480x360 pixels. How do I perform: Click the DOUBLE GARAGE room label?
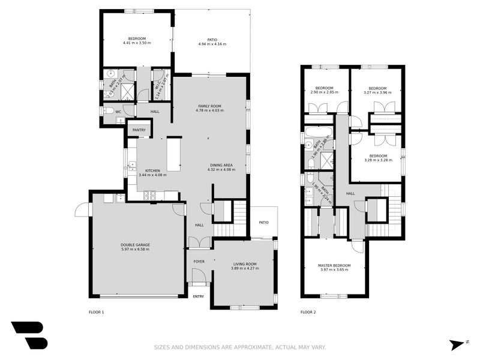pos(135,245)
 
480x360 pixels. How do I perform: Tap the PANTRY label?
pos(139,130)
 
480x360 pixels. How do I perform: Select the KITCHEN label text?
pos(152,170)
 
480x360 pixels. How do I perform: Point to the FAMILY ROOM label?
pos(209,106)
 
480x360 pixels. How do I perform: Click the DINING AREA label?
pos(221,165)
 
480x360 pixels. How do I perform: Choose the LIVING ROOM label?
pos(244,264)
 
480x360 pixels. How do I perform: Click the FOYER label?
pos(199,262)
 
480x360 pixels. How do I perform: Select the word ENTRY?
pos(198,296)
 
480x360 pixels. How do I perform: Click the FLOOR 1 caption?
pos(96,312)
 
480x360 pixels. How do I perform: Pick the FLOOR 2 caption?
pos(308,312)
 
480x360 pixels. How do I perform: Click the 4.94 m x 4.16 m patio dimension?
pos(212,44)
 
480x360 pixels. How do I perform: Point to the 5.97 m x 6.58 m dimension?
pos(135,249)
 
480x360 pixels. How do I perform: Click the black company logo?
pos(29,335)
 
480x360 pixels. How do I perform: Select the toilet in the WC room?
pos(109,110)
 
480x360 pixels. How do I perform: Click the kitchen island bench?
pos(173,154)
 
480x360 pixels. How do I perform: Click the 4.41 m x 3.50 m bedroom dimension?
pos(137,43)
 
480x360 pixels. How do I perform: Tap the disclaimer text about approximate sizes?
pos(240,347)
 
